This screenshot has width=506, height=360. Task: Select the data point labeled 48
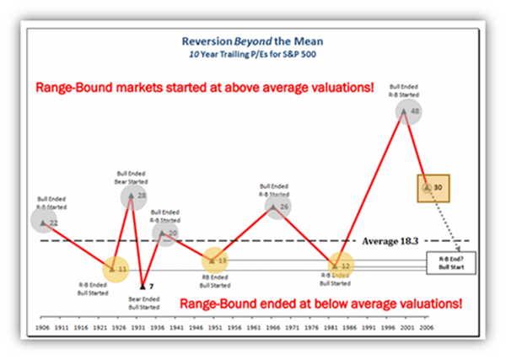point(415,111)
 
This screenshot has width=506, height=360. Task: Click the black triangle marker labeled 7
point(142,287)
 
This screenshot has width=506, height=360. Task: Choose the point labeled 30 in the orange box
point(429,186)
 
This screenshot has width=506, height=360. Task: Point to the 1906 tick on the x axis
point(42,323)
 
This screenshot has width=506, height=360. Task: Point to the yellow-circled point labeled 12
point(342,265)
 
